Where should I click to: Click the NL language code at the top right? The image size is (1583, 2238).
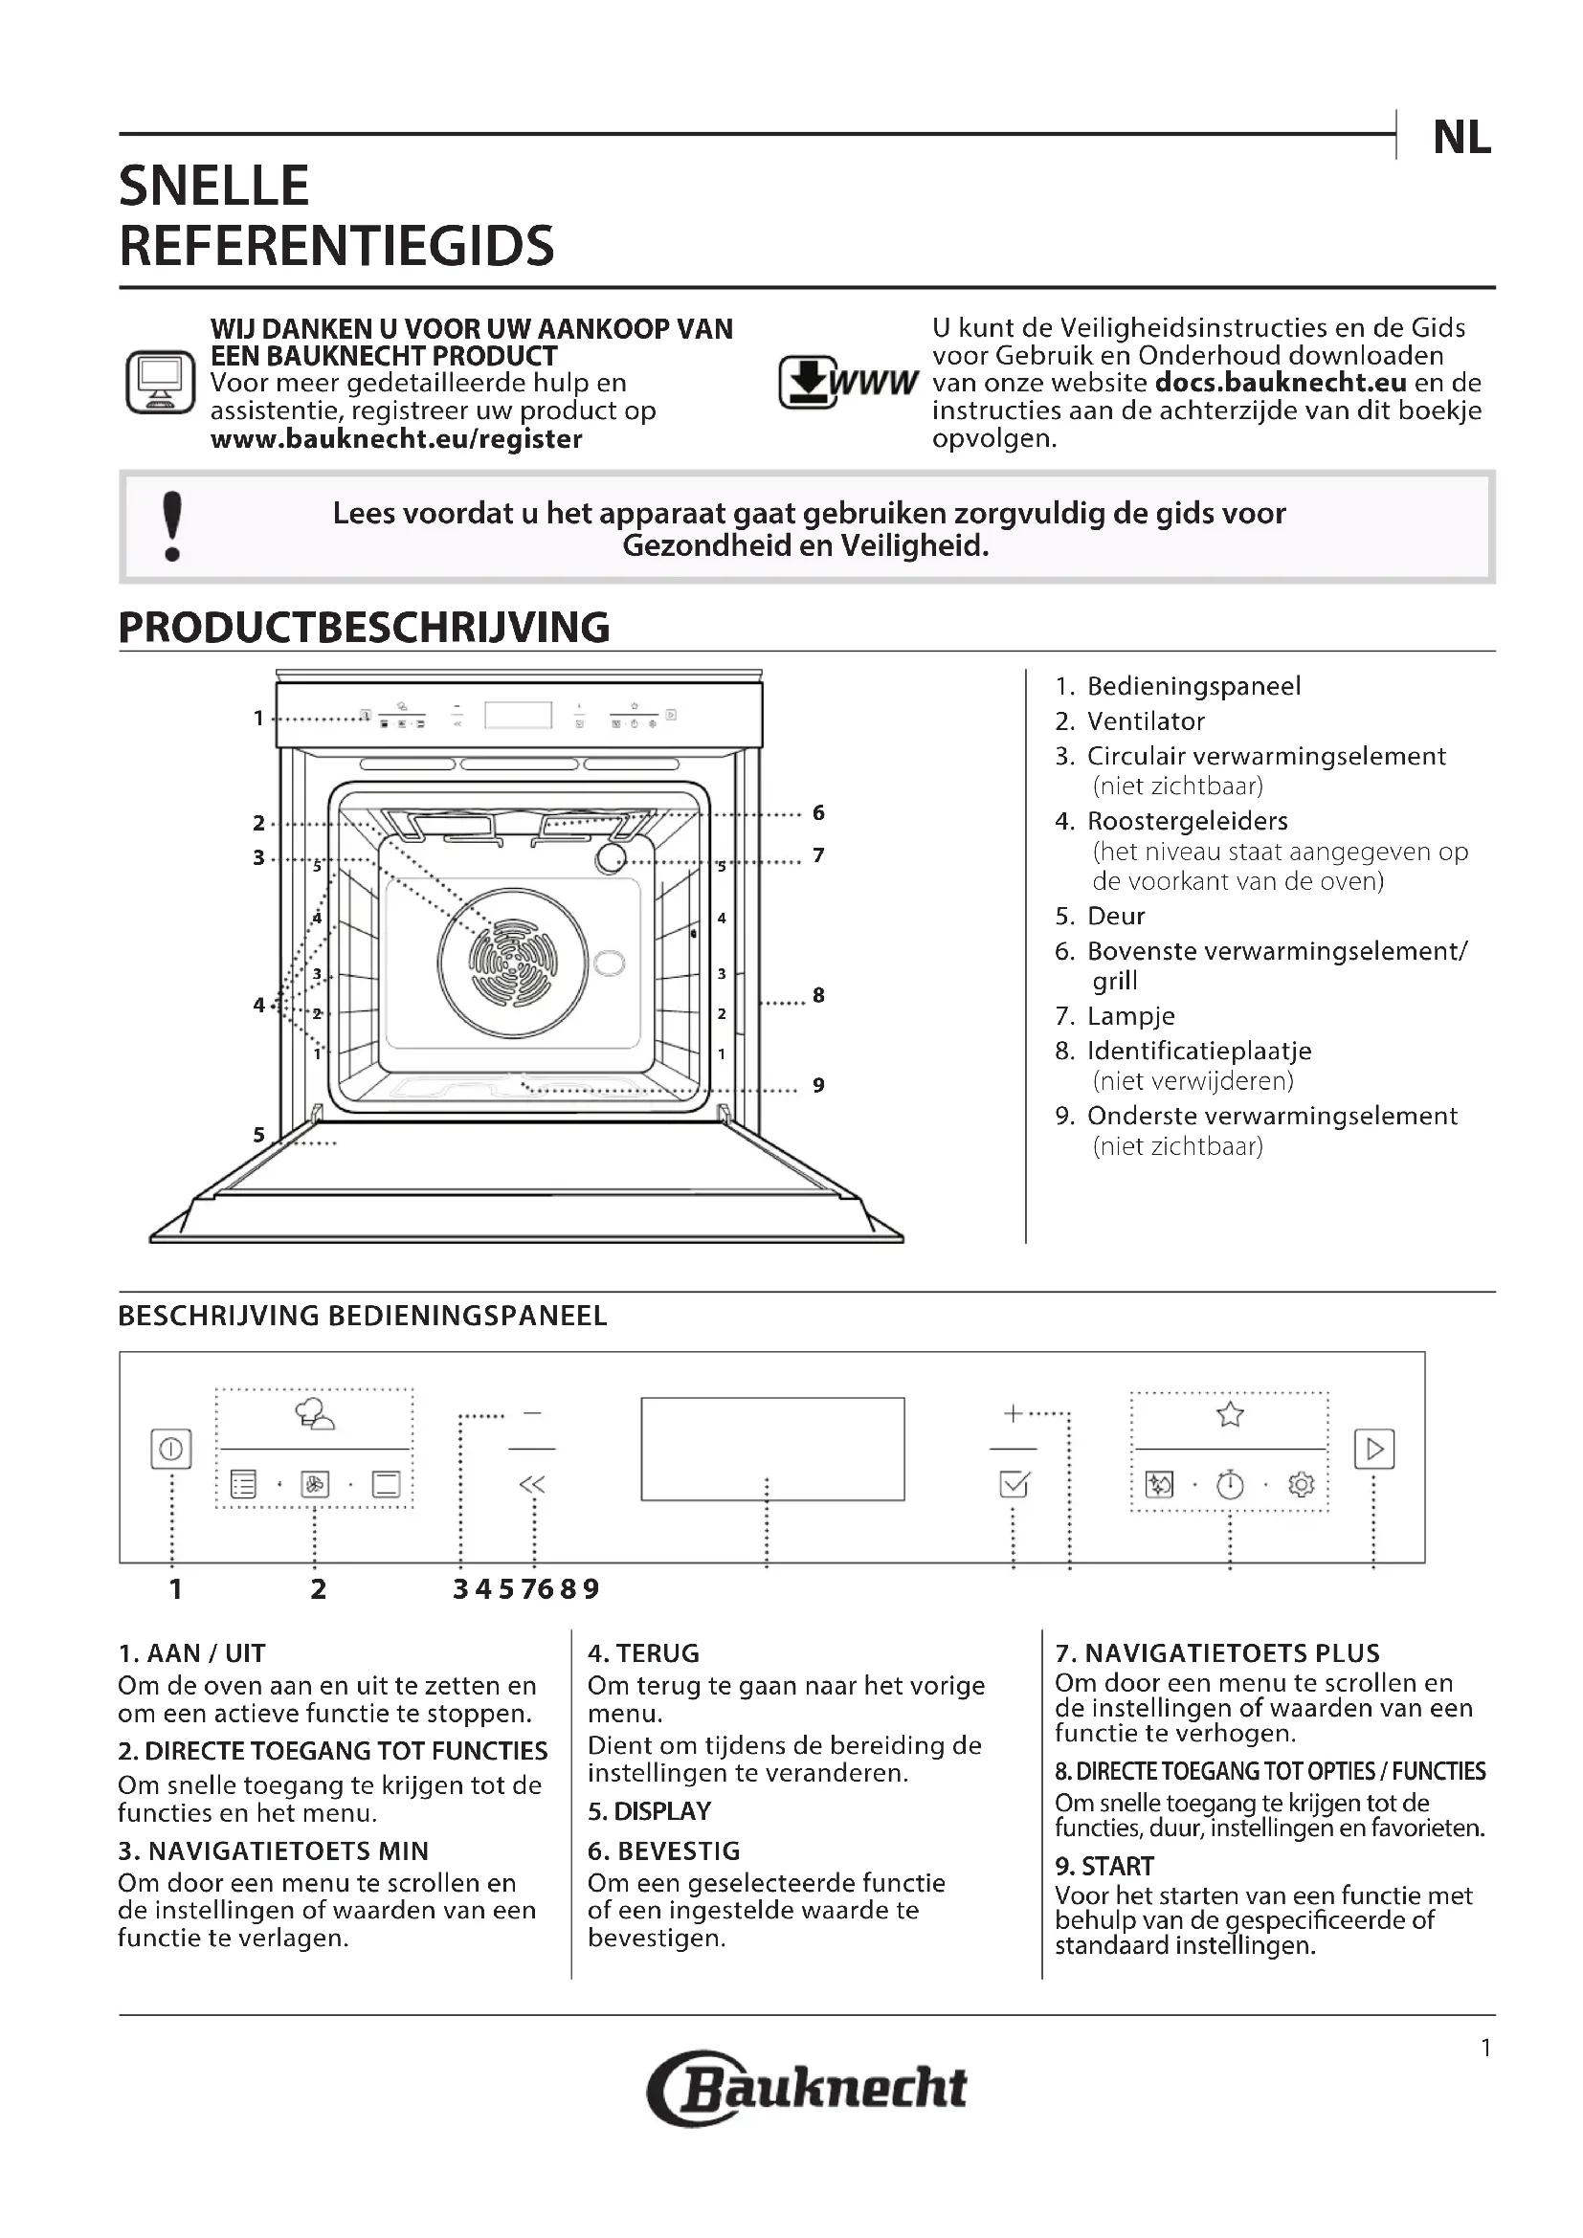(1461, 139)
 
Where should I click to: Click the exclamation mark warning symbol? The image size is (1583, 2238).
(172, 526)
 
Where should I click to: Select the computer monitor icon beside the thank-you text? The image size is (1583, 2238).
(161, 382)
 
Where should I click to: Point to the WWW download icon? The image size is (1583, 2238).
(847, 382)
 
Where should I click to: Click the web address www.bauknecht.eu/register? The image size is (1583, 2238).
(396, 438)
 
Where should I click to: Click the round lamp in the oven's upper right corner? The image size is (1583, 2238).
(612, 857)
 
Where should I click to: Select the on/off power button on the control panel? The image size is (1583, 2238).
(171, 1449)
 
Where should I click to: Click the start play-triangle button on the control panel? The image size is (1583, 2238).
(1374, 1449)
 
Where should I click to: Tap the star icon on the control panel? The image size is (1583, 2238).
(1230, 1414)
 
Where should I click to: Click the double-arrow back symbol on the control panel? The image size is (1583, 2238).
(532, 1484)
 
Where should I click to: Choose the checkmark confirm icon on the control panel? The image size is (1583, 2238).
(1014, 1484)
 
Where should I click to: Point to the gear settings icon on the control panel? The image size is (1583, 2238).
(1302, 1485)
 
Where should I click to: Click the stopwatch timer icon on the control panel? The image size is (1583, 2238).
(1230, 1485)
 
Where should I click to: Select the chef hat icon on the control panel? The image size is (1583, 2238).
(314, 1414)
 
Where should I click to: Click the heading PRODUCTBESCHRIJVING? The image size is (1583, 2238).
(364, 628)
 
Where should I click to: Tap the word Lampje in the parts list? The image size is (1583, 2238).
(1130, 1016)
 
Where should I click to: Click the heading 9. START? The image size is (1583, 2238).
(1104, 1866)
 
